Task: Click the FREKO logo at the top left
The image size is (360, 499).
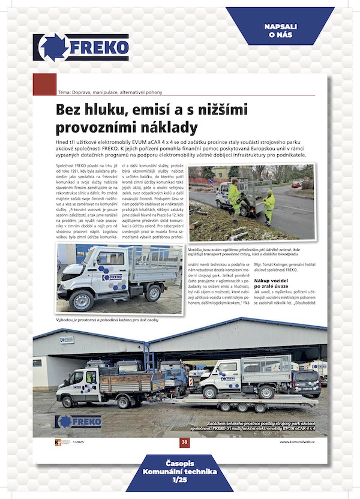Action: click(x=81, y=47)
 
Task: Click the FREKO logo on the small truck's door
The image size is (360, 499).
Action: click(x=113, y=277)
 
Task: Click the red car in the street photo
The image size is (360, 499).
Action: click(x=296, y=185)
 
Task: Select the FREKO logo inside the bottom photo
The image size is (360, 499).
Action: click(x=78, y=421)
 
